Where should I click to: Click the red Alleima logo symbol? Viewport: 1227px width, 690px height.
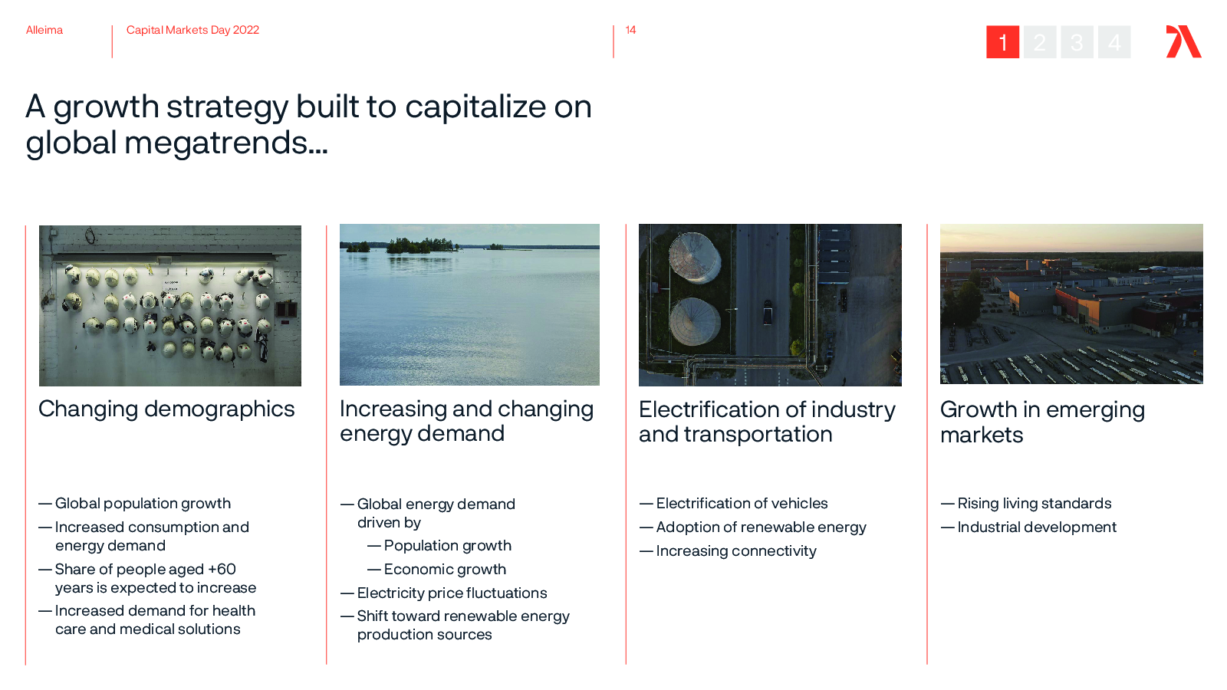[x=1183, y=41]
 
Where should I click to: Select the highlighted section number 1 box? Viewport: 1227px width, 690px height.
[x=1002, y=41]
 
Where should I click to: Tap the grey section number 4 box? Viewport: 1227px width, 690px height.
[x=1114, y=41]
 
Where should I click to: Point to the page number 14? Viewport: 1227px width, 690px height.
[x=630, y=30]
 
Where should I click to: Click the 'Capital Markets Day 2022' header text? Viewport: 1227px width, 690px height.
[x=192, y=30]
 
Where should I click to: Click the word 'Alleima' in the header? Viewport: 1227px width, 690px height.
[x=44, y=30]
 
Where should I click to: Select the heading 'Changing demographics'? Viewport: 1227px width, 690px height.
[x=166, y=409]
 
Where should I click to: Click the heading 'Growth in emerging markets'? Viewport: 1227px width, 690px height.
[x=1042, y=422]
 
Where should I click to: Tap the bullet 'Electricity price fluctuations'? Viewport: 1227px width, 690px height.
[x=452, y=593]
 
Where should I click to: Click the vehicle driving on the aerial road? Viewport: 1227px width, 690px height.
[x=768, y=311]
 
